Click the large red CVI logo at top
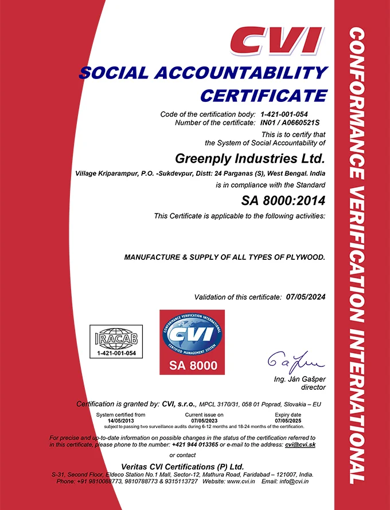coord(276,39)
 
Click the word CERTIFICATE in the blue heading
coord(263,94)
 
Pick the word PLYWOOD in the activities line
coord(304,258)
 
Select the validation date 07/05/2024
coord(305,297)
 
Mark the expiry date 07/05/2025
coord(288,421)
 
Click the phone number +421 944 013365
coord(195,445)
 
